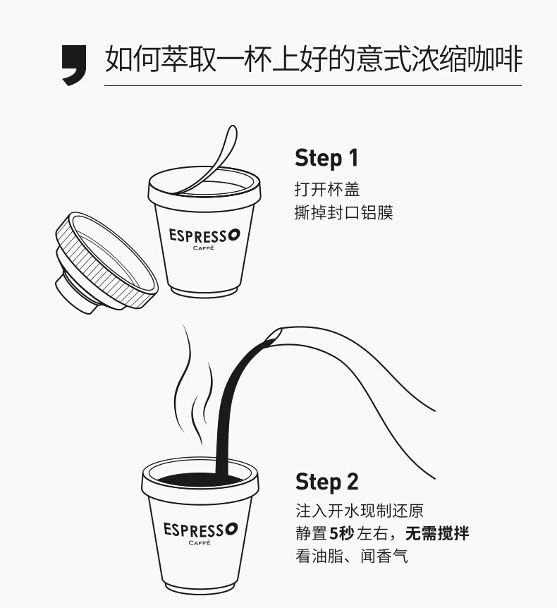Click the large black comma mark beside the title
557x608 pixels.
click(x=75, y=64)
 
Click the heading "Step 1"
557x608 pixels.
click(x=326, y=158)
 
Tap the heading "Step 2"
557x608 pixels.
click(x=326, y=482)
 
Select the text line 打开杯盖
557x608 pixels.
click(x=327, y=190)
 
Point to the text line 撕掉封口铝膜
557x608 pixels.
click(x=344, y=212)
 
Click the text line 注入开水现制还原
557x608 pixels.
click(x=360, y=511)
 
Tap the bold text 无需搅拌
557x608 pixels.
click(x=437, y=533)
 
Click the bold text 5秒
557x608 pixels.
click(x=341, y=533)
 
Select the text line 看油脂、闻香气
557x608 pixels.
click(x=352, y=556)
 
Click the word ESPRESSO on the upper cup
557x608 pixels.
click(x=204, y=236)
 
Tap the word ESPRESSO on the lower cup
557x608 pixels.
click(x=200, y=529)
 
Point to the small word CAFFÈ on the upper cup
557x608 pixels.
click(x=204, y=248)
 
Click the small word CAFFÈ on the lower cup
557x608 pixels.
click(x=200, y=542)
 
